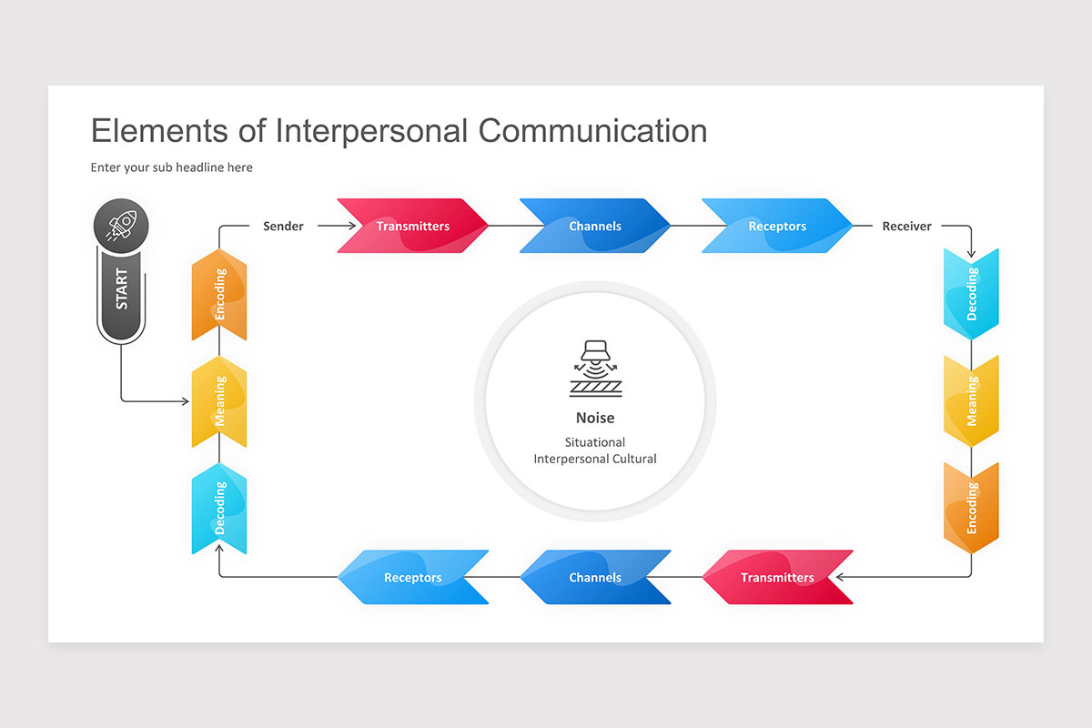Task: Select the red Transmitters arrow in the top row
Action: [x=412, y=226]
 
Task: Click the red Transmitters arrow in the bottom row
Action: [x=777, y=577]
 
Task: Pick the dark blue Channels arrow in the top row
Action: [x=595, y=226]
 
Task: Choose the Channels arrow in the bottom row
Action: [x=595, y=577]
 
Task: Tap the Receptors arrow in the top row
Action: [x=777, y=226]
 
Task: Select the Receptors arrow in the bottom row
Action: [x=412, y=577]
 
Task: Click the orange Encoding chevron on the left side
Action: [x=219, y=295]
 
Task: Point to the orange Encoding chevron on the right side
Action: [x=971, y=507]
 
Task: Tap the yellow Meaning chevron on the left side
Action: [x=219, y=401]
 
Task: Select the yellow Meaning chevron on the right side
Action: [x=971, y=401]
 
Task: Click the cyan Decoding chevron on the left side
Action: [x=219, y=508]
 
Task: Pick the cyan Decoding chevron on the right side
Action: [x=971, y=294]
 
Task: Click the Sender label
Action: [x=283, y=226]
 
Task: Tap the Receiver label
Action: [x=906, y=226]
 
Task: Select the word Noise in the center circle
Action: [x=595, y=418]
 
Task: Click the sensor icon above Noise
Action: [x=595, y=369]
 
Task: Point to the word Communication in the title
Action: [x=592, y=130]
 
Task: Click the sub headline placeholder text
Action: [x=172, y=167]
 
